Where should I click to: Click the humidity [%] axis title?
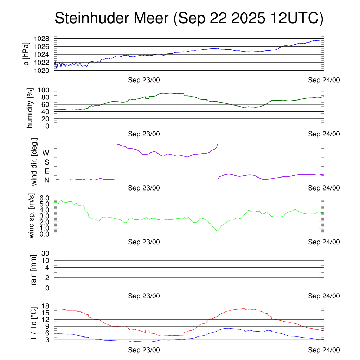point(31,108)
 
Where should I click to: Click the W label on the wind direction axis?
point(46,153)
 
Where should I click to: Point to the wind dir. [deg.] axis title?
point(34,162)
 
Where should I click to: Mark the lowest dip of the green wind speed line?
point(218,231)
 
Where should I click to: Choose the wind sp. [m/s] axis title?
point(32,216)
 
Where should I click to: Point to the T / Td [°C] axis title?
point(33,323)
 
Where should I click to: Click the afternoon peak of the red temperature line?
point(244,308)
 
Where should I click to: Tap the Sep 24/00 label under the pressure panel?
point(324,80)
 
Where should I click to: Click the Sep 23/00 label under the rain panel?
point(144,296)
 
